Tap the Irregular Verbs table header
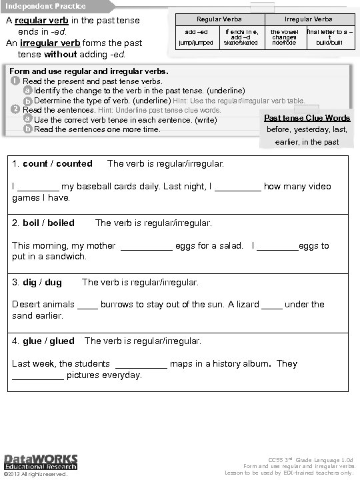[x=308, y=19]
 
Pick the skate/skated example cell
[x=241, y=43]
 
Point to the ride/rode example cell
[x=285, y=43]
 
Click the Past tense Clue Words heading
[x=307, y=118]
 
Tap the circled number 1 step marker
[x=15, y=81]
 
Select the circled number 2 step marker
[x=15, y=109]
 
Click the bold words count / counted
[x=57, y=163]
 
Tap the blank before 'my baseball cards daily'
[x=38, y=187]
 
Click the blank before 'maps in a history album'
[x=141, y=365]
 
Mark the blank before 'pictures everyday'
[x=38, y=376]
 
